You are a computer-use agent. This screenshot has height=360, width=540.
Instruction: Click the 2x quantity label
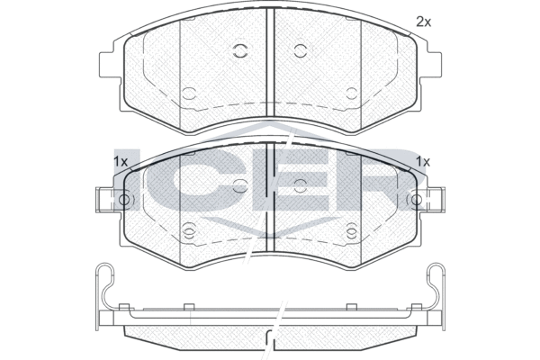(x=424, y=22)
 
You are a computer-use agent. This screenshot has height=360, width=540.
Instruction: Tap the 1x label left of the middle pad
(x=121, y=161)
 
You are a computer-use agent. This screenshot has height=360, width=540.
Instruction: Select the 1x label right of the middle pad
(x=423, y=161)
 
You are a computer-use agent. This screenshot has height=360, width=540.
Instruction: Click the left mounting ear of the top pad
(x=110, y=65)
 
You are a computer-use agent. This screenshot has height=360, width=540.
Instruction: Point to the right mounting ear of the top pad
(x=430, y=65)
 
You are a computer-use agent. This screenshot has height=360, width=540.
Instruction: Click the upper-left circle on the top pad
(x=240, y=51)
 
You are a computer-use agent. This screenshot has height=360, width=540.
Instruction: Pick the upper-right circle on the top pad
(x=301, y=51)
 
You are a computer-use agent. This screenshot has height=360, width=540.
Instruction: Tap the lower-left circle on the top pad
(x=189, y=94)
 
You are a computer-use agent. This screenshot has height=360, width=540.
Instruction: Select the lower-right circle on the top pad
(x=352, y=94)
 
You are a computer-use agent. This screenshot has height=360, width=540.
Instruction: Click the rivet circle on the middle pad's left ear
(x=124, y=200)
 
